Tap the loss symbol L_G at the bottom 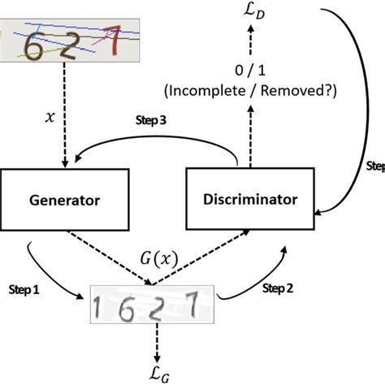click(x=153, y=371)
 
